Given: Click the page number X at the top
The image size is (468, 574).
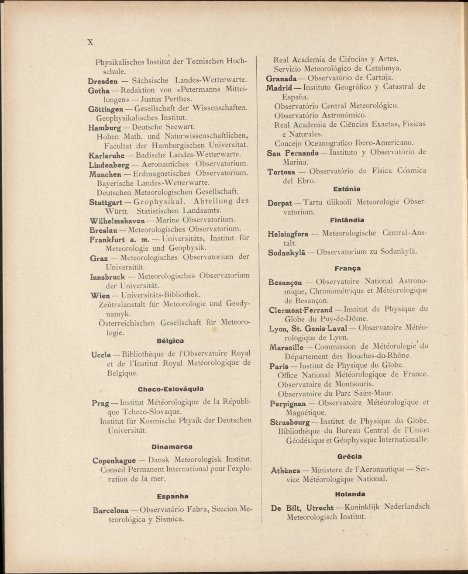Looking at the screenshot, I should click(x=91, y=42).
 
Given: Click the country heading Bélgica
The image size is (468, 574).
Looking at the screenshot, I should click(x=170, y=341).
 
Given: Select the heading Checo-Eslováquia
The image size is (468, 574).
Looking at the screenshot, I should click(x=170, y=388).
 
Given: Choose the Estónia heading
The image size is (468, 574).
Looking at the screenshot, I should click(x=347, y=189).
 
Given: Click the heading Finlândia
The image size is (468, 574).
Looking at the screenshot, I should click(x=348, y=220).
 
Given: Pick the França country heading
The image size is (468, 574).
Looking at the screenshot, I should click(x=348, y=268).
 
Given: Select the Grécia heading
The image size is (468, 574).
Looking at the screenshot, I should click(x=349, y=456).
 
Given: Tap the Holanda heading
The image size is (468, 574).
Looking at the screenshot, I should click(x=350, y=494).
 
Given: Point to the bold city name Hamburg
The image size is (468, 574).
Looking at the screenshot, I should click(x=104, y=128).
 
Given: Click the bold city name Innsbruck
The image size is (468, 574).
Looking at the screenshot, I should click(x=107, y=277).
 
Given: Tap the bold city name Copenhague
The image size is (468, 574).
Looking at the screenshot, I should click(x=113, y=460).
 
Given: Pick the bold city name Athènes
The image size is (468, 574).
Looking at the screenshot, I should click(x=286, y=470).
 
